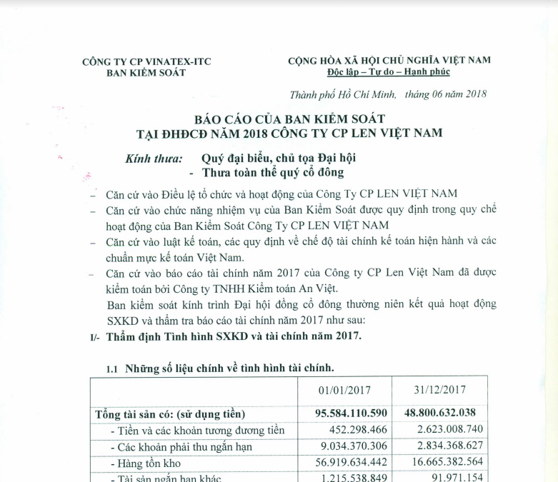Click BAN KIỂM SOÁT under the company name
[135, 73]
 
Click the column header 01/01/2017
[343, 390]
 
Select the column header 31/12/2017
[439, 390]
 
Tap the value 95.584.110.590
[351, 413]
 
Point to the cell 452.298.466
[359, 430]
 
